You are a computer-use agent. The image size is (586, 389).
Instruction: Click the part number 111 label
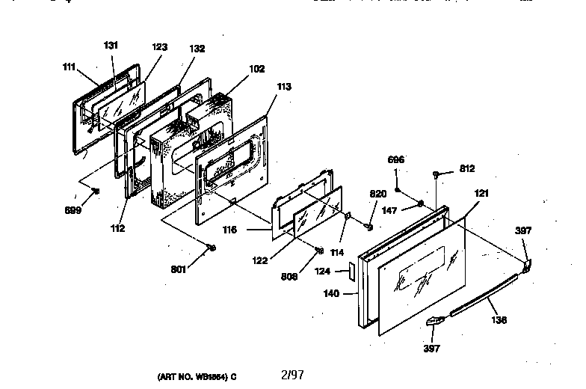click(x=69, y=67)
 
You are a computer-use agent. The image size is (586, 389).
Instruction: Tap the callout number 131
click(x=111, y=46)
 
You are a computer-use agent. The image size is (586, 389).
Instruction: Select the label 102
click(x=256, y=69)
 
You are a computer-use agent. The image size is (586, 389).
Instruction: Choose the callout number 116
click(x=230, y=230)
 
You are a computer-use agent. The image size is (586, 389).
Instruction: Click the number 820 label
click(x=377, y=194)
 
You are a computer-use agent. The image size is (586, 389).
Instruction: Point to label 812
click(x=467, y=169)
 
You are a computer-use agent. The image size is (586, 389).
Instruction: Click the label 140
click(x=331, y=294)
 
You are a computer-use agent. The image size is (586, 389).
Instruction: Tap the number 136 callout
click(x=499, y=320)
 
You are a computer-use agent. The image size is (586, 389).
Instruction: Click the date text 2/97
click(x=292, y=374)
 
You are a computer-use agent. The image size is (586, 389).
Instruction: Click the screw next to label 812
click(x=437, y=174)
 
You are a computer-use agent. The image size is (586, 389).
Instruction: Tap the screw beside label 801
click(x=212, y=248)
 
